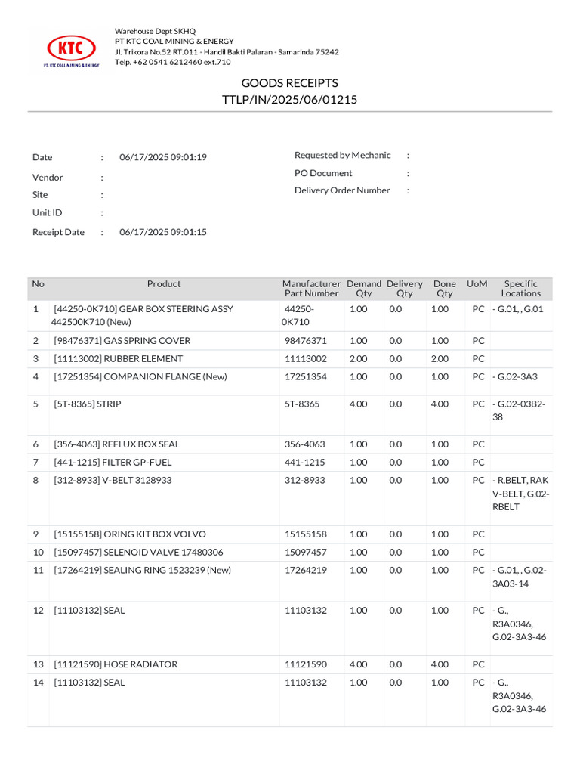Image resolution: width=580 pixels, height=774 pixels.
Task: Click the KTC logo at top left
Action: (x=72, y=49)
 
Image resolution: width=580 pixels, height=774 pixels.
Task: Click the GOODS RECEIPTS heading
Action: (x=289, y=82)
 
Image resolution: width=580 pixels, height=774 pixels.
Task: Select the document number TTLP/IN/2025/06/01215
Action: (x=289, y=99)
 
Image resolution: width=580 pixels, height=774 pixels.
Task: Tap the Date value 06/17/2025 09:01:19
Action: (x=163, y=157)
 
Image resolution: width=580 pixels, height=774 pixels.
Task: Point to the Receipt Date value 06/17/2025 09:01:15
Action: (x=163, y=232)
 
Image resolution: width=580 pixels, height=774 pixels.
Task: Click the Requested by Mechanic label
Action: (x=342, y=155)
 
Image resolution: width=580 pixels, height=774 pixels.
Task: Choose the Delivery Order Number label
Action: (x=342, y=190)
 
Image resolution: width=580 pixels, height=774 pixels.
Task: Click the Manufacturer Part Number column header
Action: (x=311, y=288)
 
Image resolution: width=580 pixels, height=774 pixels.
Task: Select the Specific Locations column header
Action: (x=520, y=288)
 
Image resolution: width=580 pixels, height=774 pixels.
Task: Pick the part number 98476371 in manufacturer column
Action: (x=305, y=341)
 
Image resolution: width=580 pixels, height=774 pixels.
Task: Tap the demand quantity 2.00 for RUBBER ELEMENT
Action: (x=359, y=359)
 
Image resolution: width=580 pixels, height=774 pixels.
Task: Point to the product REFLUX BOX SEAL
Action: (x=116, y=444)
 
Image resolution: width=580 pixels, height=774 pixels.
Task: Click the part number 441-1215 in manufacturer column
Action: (x=305, y=462)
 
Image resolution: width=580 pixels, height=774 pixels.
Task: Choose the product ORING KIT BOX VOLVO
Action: (x=129, y=534)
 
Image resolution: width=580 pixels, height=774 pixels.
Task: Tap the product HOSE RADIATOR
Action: (x=116, y=664)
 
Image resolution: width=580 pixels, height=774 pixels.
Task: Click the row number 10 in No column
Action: (x=38, y=552)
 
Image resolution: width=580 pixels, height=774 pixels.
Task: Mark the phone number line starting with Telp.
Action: (x=172, y=62)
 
